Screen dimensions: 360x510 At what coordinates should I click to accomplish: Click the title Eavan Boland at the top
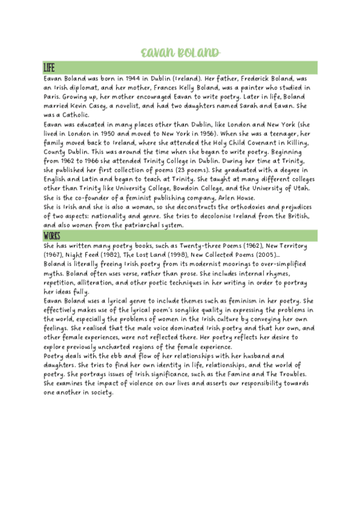pos(179,53)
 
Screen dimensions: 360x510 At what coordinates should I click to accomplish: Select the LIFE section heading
pos(50,67)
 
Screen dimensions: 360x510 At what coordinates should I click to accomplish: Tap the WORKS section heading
pos(52,235)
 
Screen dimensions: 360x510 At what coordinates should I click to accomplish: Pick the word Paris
pos(54,97)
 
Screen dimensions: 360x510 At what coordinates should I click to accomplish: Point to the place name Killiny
pos(295,143)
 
